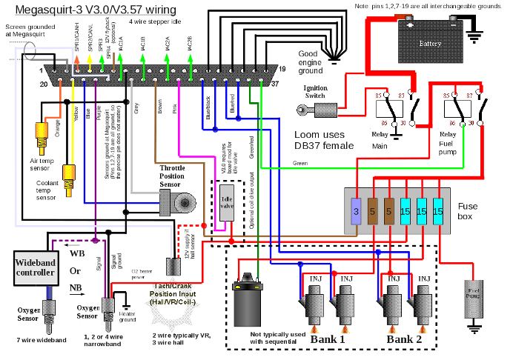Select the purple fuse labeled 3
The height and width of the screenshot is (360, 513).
coord(356,213)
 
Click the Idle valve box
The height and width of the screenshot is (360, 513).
coord(228,201)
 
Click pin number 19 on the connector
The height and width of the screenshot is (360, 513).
coord(282,69)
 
